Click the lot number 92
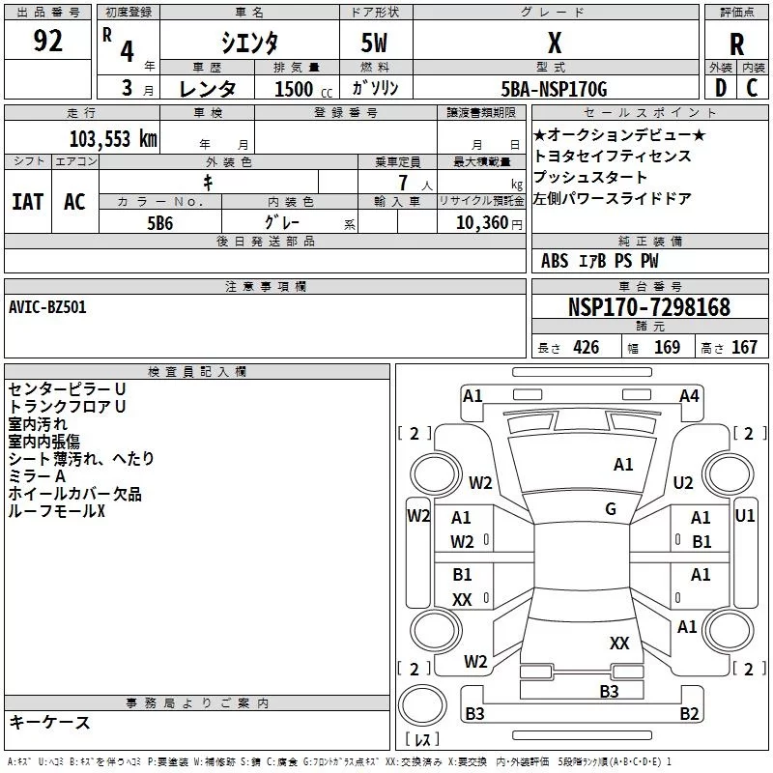[47, 43]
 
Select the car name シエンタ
[250, 43]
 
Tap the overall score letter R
[736, 43]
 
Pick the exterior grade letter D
[719, 88]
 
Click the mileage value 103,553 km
[113, 138]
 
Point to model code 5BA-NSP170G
[554, 89]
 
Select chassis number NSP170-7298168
[649, 307]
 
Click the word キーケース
[49, 722]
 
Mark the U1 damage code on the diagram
[744, 516]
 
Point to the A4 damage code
[689, 395]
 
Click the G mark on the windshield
[611, 509]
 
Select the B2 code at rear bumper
[689, 714]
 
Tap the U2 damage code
[683, 482]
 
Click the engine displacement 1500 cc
[296, 89]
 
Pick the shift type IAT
[27, 201]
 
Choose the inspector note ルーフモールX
[56, 511]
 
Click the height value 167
[744, 348]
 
